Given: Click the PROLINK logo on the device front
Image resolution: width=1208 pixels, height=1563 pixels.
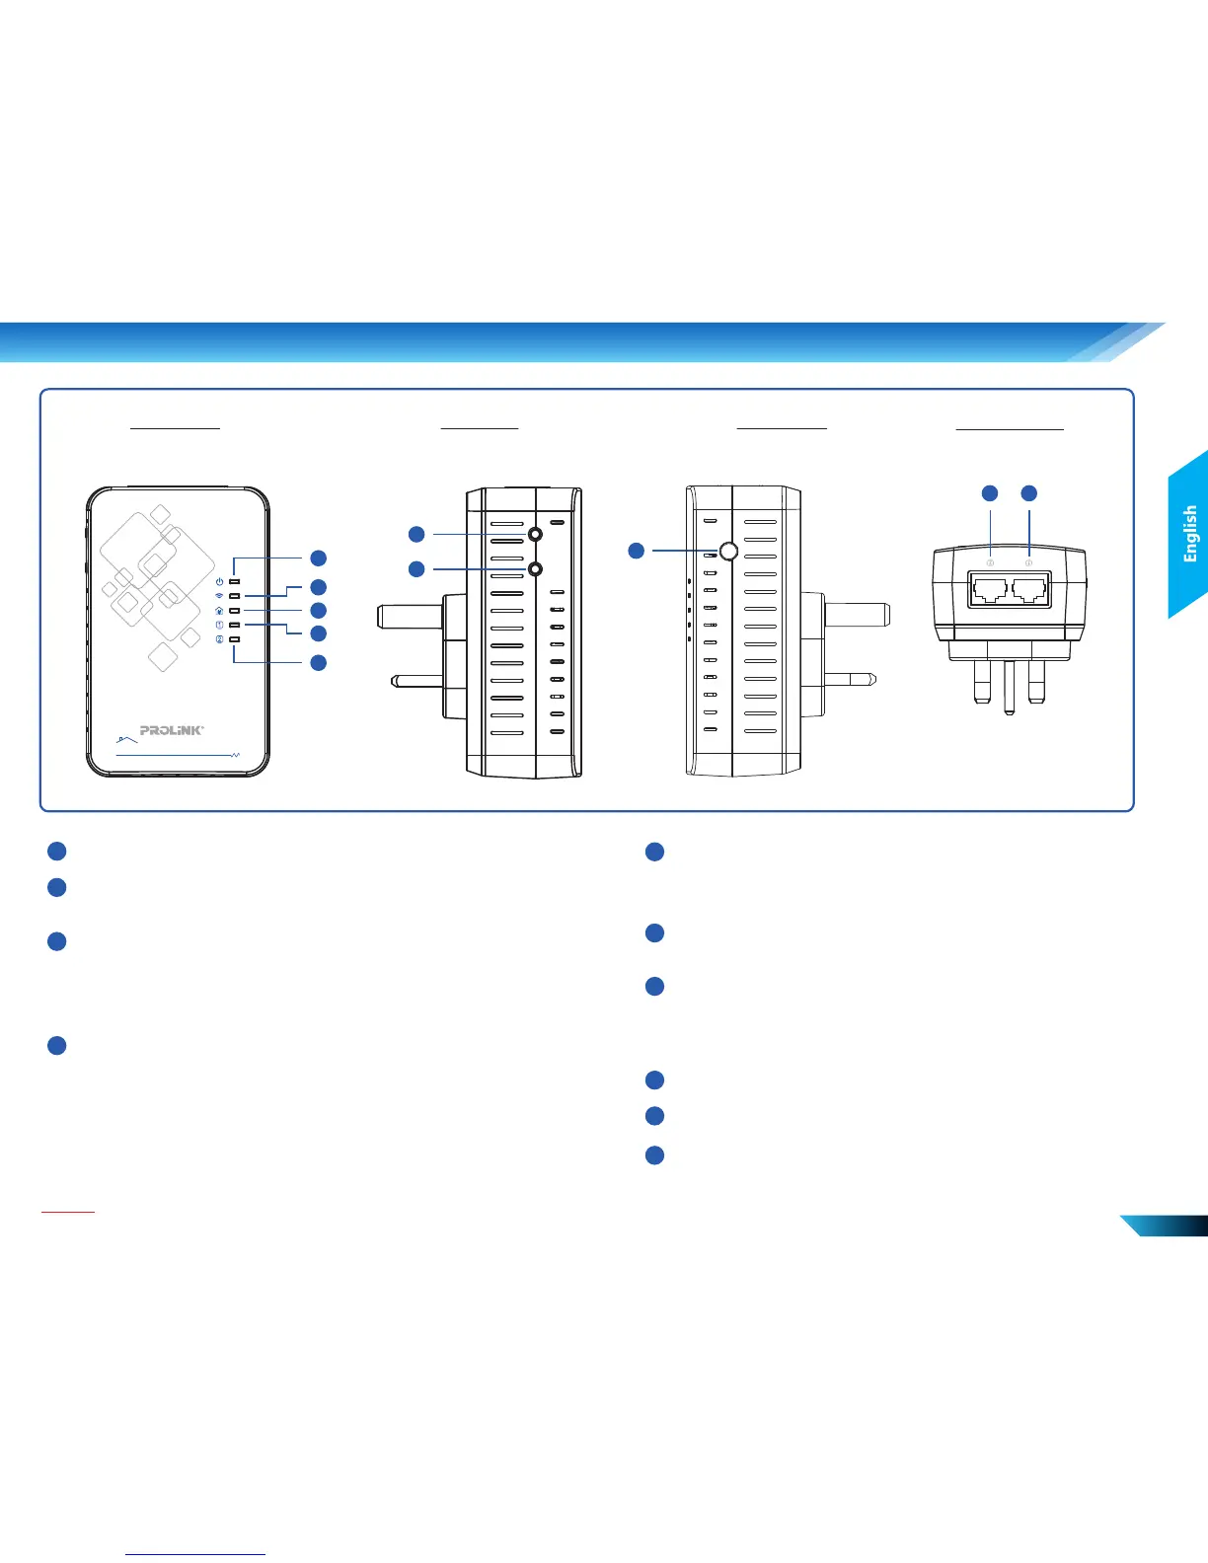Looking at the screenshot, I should (172, 730).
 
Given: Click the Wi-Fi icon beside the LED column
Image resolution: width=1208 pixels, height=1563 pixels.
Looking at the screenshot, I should (219, 596).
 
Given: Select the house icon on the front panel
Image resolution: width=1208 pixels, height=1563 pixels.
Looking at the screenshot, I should (219, 611).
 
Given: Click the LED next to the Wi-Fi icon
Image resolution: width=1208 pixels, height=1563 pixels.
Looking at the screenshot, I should (235, 596).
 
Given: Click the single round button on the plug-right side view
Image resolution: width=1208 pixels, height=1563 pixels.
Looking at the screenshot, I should (728, 551).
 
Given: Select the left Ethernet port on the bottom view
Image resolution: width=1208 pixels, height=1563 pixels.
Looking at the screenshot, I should (989, 590).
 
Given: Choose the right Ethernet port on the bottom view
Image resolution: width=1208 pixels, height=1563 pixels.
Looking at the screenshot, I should (1028, 590).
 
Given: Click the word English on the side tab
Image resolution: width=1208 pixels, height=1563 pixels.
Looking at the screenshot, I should (1190, 534).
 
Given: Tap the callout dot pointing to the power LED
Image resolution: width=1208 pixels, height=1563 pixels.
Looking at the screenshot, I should (318, 558).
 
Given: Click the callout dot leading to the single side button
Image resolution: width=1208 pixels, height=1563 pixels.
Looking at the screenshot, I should (637, 550).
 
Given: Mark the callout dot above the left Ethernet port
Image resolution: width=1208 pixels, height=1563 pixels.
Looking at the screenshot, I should (990, 492).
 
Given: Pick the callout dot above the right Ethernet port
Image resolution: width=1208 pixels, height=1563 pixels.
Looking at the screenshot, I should (1029, 492).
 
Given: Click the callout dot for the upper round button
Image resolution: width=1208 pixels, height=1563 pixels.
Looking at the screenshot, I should (416, 534).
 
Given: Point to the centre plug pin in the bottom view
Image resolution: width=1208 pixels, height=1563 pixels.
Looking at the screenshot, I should (1008, 687).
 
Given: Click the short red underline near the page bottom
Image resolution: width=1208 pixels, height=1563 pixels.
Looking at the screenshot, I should (68, 1211).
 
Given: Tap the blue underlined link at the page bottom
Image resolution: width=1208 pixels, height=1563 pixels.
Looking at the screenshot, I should (196, 1554).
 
